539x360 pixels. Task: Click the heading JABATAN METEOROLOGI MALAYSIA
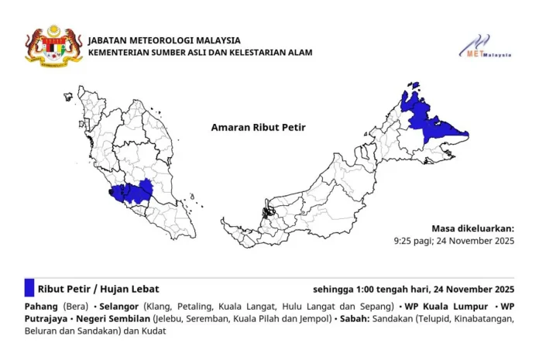point(164,40)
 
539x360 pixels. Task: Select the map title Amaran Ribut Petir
point(253,126)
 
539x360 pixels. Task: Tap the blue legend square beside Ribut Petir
point(29,288)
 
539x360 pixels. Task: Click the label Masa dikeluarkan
point(472,228)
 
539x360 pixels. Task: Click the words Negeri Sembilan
point(113,318)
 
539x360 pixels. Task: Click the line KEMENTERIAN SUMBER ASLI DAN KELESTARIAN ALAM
point(201,53)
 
